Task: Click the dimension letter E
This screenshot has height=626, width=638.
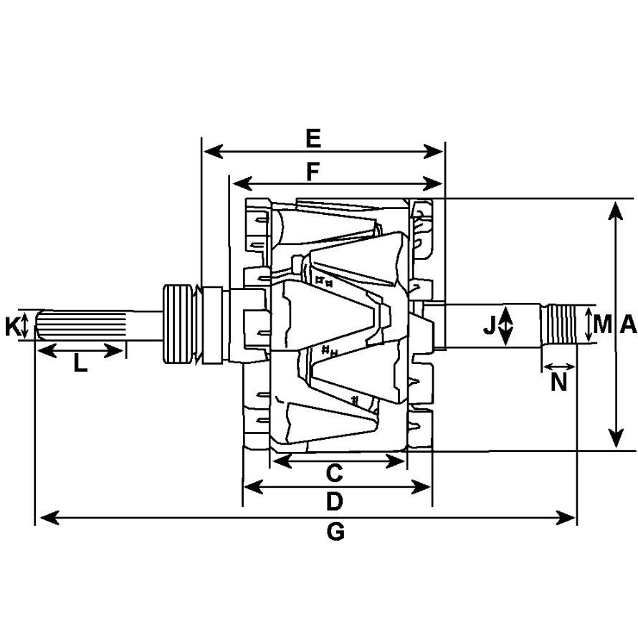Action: [313, 139]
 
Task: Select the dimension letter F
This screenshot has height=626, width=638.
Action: [313, 172]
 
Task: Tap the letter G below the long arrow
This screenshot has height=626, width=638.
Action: [335, 531]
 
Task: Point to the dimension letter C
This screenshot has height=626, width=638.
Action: [335, 473]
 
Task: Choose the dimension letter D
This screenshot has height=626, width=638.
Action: [335, 501]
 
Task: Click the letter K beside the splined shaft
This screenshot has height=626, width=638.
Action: [12, 327]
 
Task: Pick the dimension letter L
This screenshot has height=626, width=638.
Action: [80, 363]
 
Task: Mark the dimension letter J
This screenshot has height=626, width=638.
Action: [490, 326]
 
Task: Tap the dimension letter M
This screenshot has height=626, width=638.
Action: [603, 324]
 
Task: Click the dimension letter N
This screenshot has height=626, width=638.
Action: [558, 382]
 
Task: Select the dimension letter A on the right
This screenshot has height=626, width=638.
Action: [628, 324]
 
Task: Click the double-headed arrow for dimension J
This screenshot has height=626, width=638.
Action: [505, 326]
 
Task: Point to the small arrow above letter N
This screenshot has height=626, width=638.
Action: [559, 367]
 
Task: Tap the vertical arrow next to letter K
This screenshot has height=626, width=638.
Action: [25, 325]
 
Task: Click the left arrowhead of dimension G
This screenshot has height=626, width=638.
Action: [48, 518]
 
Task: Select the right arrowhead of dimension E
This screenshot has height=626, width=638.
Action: [434, 152]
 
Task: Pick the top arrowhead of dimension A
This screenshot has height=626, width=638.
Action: [616, 210]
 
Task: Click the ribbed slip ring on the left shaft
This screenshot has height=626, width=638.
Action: [178, 324]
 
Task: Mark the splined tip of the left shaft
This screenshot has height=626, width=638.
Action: [80, 324]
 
